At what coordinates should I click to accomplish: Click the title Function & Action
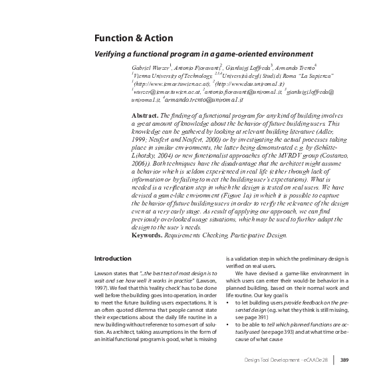point(133,38)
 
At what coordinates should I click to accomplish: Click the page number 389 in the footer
point(344,360)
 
